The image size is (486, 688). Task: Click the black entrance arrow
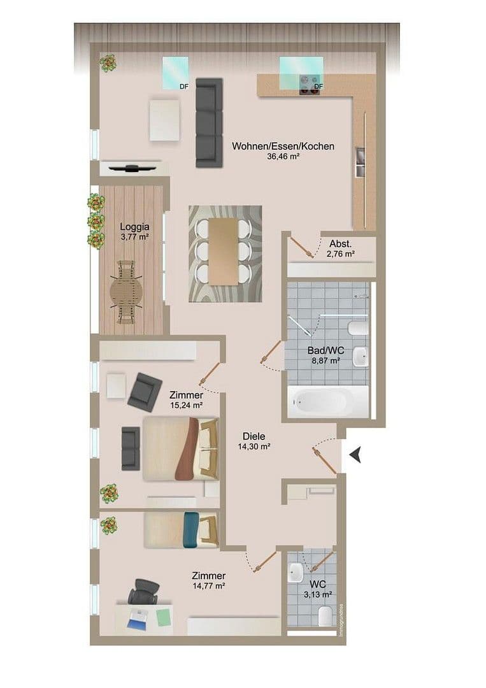(355, 454)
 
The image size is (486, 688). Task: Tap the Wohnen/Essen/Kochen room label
(283, 146)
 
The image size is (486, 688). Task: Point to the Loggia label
(134, 226)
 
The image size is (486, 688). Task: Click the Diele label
(254, 436)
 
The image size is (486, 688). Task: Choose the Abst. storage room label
(341, 244)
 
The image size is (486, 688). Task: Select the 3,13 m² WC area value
(318, 594)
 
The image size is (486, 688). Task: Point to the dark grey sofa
(209, 122)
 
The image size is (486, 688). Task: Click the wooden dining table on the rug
(224, 251)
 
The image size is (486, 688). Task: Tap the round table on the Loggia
(127, 293)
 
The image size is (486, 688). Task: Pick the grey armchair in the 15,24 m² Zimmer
(145, 392)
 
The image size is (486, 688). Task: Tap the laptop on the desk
(136, 618)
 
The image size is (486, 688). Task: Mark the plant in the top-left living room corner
(108, 62)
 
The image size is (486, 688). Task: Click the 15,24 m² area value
(187, 405)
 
